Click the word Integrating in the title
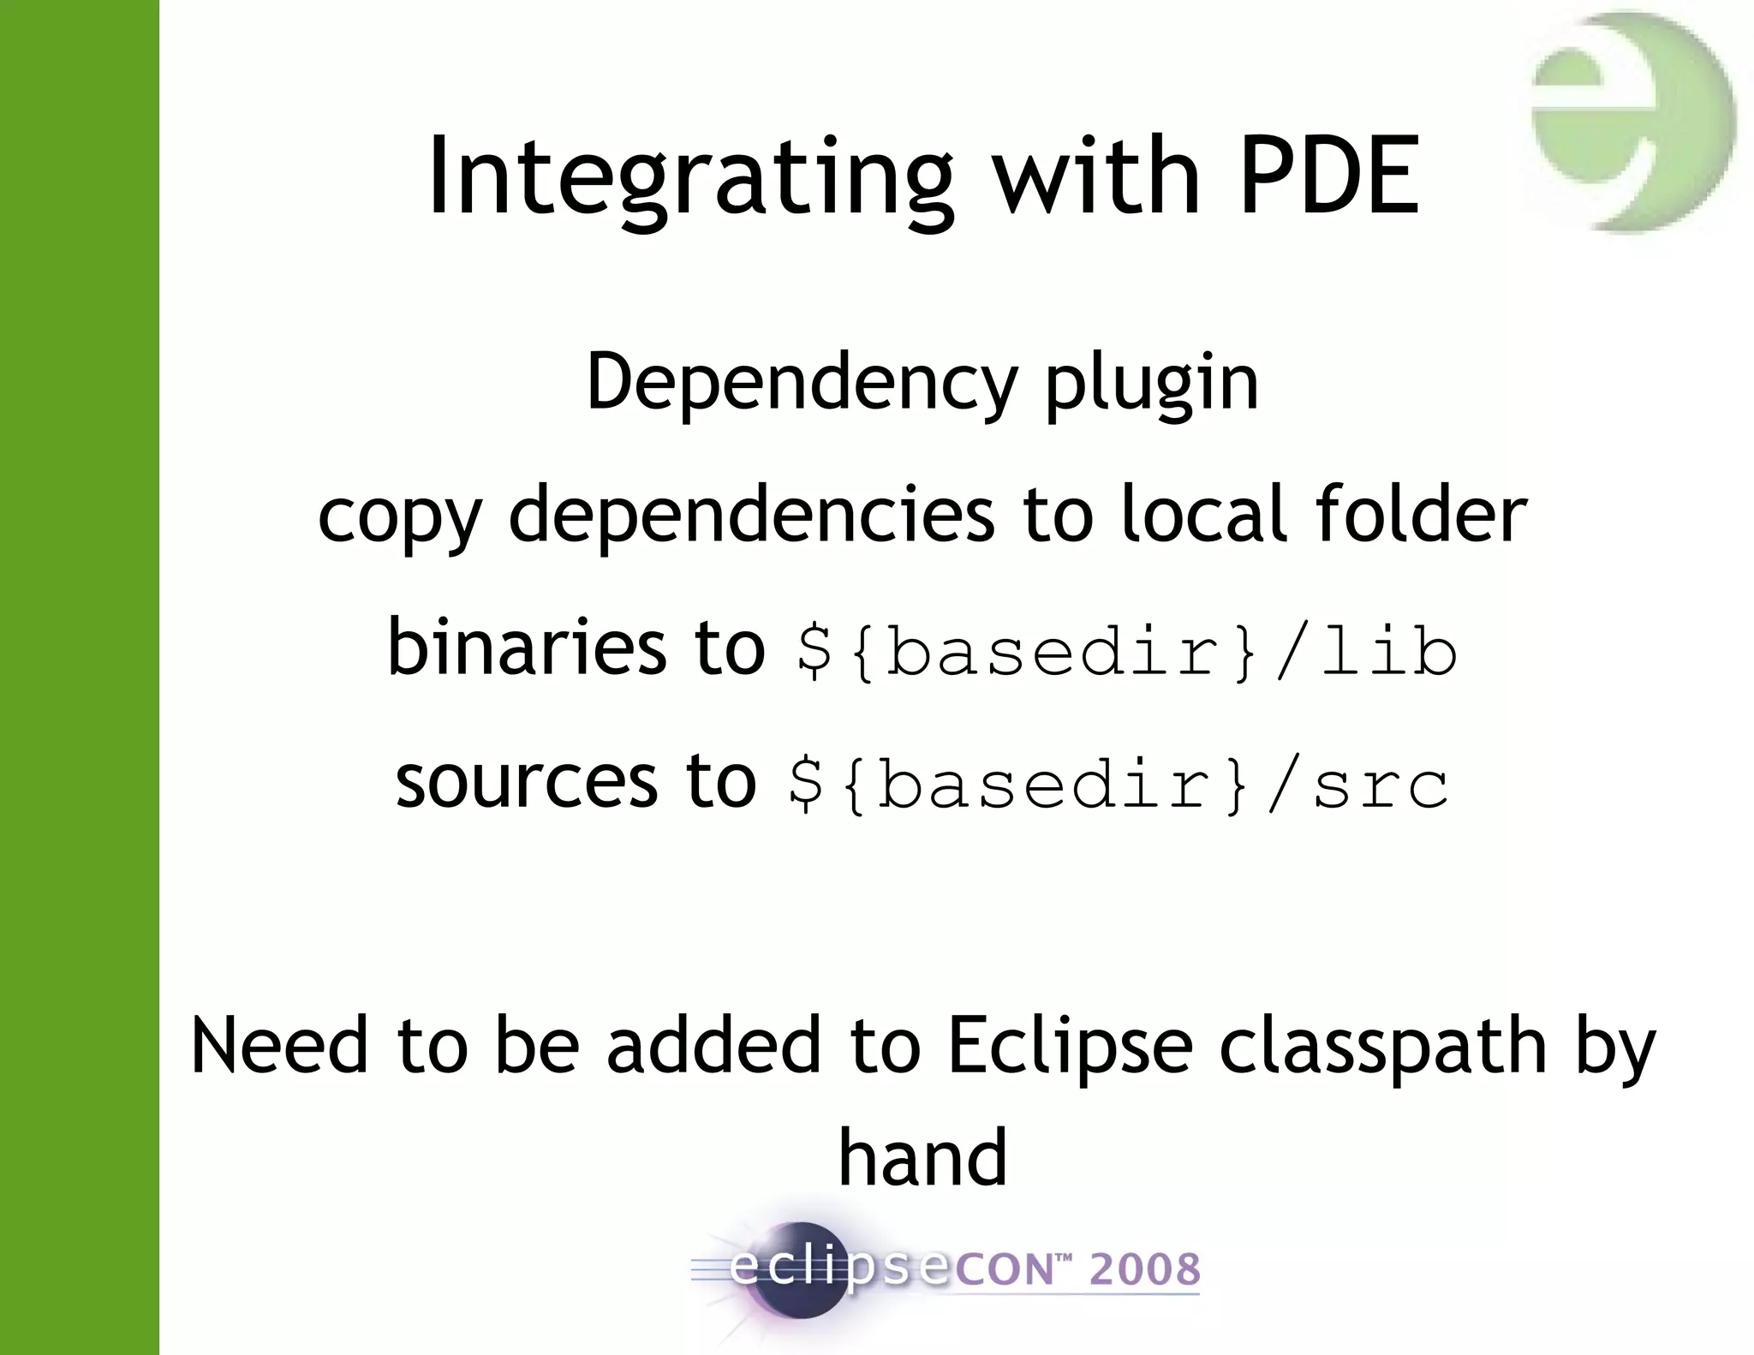tap(690, 178)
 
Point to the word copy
tap(400, 516)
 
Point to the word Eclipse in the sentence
tap(1070, 1047)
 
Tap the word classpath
tap(1383, 1047)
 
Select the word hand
tap(922, 1157)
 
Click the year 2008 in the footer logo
tap(1144, 1269)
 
